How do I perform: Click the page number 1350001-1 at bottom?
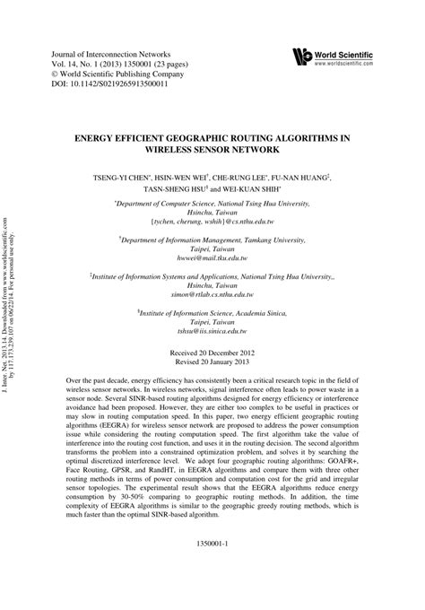pos(212,544)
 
